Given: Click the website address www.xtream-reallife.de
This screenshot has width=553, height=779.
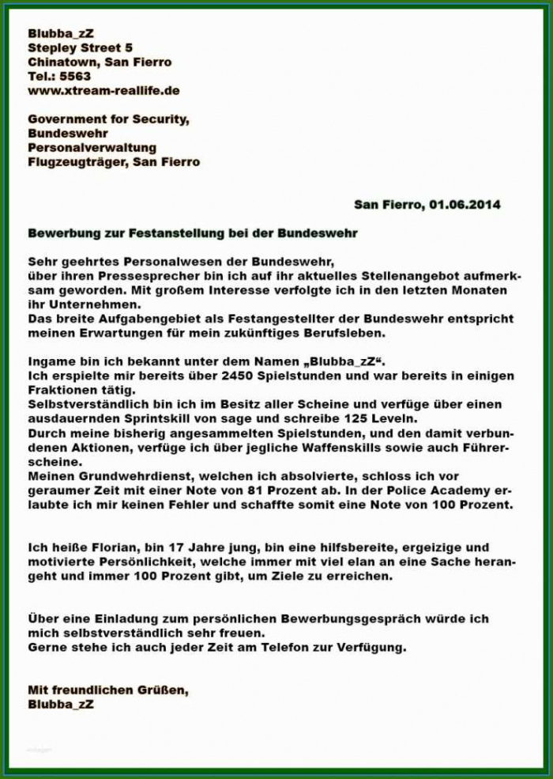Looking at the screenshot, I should point(103,90).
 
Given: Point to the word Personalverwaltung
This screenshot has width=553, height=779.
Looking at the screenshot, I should point(92,147).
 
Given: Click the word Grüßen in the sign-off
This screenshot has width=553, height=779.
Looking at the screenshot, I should point(163,690).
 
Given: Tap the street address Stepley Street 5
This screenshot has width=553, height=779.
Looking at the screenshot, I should point(80,47).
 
